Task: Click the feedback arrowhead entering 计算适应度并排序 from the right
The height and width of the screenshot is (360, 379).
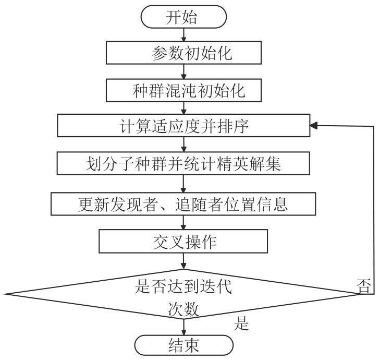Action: pyautogui.click(x=314, y=126)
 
